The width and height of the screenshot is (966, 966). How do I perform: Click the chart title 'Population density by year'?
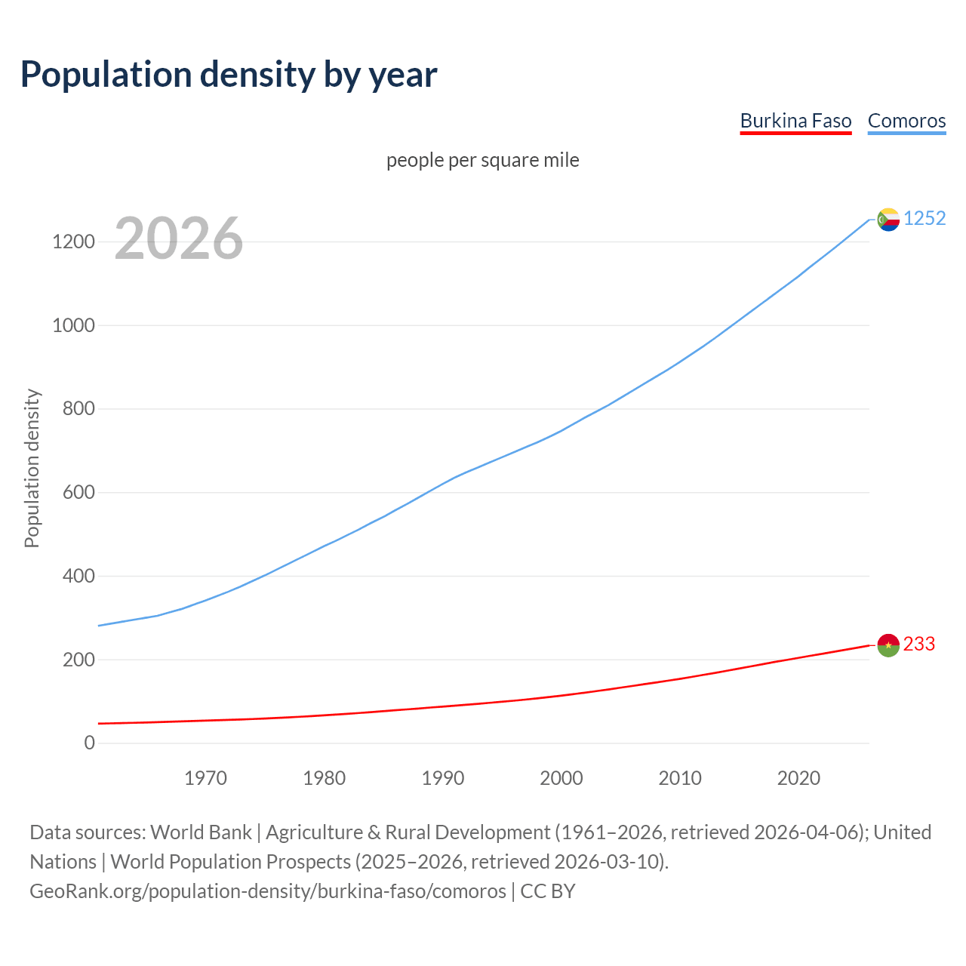tap(229, 75)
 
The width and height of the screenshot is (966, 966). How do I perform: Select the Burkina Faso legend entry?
tap(795, 121)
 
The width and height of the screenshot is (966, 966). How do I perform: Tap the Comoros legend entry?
tap(906, 121)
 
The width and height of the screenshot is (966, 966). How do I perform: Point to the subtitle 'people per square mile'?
tap(482, 161)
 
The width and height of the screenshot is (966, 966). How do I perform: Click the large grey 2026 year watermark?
tap(179, 238)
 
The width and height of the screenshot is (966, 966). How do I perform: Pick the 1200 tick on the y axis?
tap(73, 242)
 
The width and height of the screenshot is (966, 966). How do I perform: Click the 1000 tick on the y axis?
tap(73, 326)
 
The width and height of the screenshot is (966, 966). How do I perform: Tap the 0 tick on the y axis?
tap(90, 743)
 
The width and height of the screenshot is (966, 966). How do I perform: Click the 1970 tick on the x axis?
tap(205, 778)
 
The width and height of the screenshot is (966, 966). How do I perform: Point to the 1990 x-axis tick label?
tap(443, 778)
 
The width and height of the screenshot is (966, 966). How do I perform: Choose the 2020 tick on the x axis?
tap(798, 778)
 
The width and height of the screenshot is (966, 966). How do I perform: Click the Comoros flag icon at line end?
tap(888, 219)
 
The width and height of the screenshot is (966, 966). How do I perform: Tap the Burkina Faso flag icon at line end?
tap(888, 645)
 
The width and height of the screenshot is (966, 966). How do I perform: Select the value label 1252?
tap(924, 219)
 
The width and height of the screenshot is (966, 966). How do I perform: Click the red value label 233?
tap(919, 645)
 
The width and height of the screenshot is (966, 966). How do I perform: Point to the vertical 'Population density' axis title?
tap(32, 468)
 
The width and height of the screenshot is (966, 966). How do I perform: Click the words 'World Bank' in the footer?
tap(201, 832)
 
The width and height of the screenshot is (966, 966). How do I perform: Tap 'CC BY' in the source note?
tap(548, 891)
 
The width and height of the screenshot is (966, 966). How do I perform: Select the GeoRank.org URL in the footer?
tap(268, 891)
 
